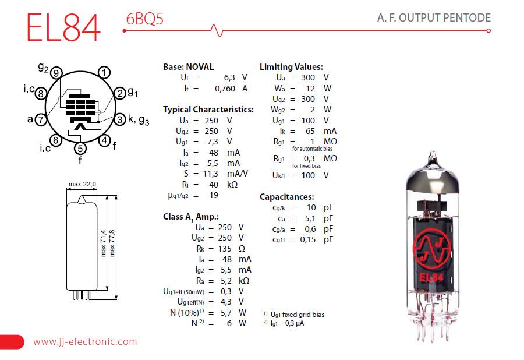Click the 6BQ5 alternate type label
(144, 19)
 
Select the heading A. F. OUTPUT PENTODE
(434, 17)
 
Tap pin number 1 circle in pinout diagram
(104, 73)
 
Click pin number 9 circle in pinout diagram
(56, 73)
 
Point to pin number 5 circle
(80, 149)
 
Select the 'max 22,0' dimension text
(82, 185)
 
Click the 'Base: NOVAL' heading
(188, 67)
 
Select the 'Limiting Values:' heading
(291, 67)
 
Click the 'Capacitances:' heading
(287, 197)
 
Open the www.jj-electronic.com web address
(85, 342)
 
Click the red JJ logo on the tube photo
(432, 250)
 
